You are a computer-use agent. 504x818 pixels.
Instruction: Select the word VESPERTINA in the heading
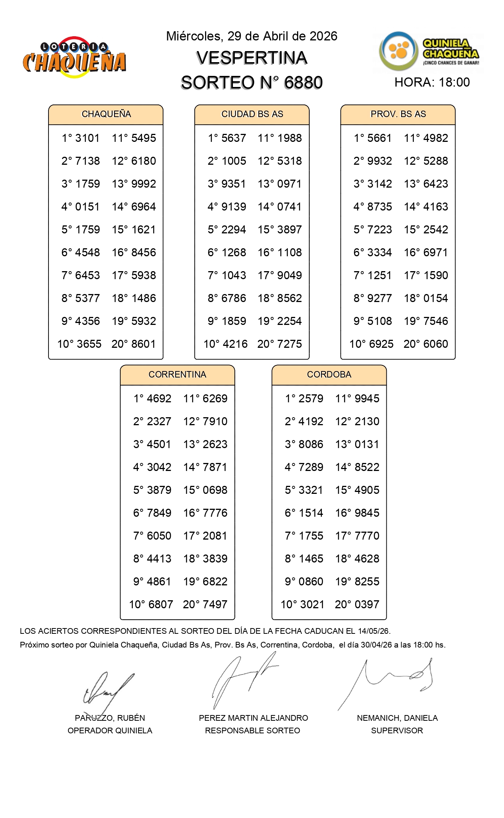252,58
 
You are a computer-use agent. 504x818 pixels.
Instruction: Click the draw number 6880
303,83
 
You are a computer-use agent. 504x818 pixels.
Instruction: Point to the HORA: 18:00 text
432,82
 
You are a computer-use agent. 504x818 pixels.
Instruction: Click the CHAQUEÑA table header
106,114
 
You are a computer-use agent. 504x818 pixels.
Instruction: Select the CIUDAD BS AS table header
252,114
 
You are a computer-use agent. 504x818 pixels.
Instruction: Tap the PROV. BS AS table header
398,114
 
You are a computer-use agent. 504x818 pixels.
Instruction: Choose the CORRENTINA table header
177,374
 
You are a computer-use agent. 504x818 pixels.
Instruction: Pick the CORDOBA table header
329,374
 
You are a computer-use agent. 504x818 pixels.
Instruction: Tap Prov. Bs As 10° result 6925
380,344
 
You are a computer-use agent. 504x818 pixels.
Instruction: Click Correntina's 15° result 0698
215,490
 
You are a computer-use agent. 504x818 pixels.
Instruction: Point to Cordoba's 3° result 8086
311,444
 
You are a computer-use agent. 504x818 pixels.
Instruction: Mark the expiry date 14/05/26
374,631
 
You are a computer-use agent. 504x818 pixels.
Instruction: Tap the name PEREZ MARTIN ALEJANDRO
253,718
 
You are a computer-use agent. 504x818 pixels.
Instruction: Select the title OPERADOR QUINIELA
110,731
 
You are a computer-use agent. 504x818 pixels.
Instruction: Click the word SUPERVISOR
397,731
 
